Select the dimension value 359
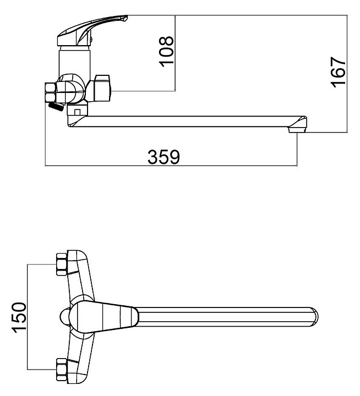[163, 157]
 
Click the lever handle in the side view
[94, 30]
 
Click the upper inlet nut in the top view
[61, 263]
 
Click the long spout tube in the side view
[187, 121]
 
